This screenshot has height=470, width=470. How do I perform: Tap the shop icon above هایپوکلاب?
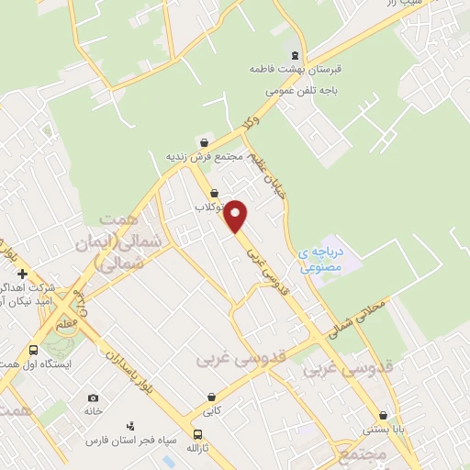coord(215,194)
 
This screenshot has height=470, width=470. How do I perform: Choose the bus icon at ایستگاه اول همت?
coord(34,350)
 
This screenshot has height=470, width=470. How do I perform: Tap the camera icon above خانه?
coord(93,397)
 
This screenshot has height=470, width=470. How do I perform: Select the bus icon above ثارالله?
coord(196,434)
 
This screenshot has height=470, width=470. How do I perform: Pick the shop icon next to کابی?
coord(212,397)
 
